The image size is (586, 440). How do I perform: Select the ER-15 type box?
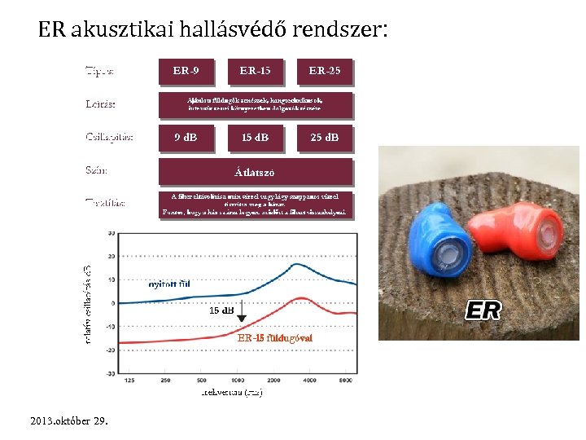[255, 71]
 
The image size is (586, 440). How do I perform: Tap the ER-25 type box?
[325, 71]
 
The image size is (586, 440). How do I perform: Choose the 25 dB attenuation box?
[325, 137]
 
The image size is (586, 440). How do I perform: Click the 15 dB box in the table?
[255, 137]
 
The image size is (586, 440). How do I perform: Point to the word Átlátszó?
[255, 172]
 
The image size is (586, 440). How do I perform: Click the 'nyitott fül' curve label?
[168, 284]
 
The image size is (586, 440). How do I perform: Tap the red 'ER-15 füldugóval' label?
[274, 337]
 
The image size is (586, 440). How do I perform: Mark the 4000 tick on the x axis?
[310, 381]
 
